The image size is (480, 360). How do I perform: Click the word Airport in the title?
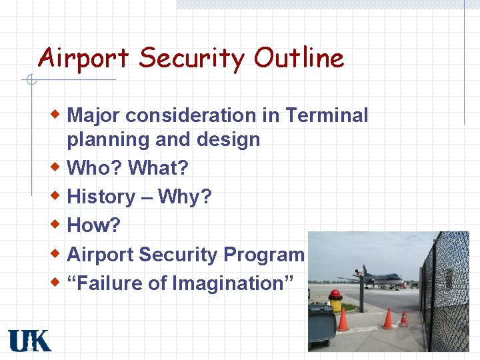(x=83, y=59)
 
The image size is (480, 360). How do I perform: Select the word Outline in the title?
(x=299, y=58)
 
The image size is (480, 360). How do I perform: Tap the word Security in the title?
(x=191, y=59)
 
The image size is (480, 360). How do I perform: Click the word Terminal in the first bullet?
(x=327, y=115)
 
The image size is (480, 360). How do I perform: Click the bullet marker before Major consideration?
(x=57, y=114)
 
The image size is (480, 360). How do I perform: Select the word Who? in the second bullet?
(x=95, y=167)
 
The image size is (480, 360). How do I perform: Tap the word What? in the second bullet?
(x=158, y=167)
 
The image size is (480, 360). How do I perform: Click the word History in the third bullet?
(x=101, y=197)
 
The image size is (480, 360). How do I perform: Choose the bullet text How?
(x=94, y=225)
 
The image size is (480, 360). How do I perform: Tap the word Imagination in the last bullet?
(x=233, y=283)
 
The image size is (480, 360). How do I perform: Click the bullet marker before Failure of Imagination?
(x=57, y=282)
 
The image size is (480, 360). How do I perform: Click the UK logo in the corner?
(x=29, y=340)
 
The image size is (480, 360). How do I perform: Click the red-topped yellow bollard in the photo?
(x=335, y=301)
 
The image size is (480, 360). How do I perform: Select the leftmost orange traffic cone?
(x=343, y=320)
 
